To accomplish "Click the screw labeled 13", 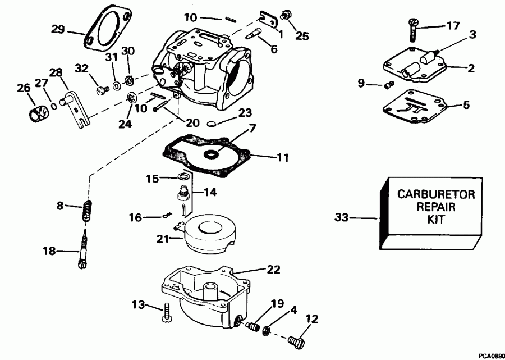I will pyautogui.click(x=167, y=312).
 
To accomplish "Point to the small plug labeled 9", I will pyautogui.click(x=385, y=85).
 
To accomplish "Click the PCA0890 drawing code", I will pyautogui.click(x=491, y=356).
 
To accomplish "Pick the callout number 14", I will pyautogui.click(x=209, y=192).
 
